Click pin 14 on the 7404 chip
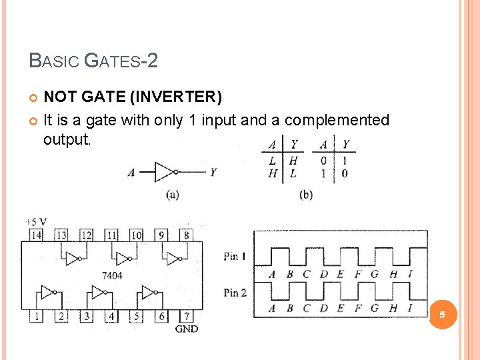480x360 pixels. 35,235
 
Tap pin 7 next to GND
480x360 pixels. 187,316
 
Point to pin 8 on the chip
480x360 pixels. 186,235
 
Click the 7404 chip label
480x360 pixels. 112,275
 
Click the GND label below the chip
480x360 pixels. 186,329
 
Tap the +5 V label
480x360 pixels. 35,221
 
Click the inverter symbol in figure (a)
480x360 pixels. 165,172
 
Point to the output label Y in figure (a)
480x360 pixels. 213,172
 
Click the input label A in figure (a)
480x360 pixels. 131,173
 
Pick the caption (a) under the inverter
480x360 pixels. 171,195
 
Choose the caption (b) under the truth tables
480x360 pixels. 306,195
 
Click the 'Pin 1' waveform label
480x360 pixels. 235,256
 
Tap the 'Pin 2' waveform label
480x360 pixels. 235,292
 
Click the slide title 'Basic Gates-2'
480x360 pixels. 93,61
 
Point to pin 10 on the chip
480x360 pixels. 136,235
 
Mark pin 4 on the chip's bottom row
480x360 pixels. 111,316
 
